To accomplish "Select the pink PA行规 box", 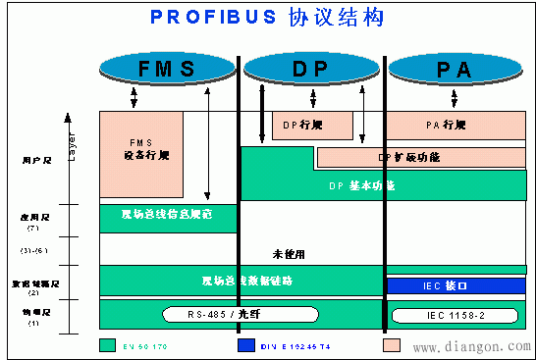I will [454, 126].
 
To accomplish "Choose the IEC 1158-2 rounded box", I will [454, 314].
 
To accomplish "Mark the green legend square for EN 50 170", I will [107, 345].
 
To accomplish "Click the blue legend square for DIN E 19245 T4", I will [244, 345].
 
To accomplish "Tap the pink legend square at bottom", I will [391, 345].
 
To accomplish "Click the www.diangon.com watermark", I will [467, 346].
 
